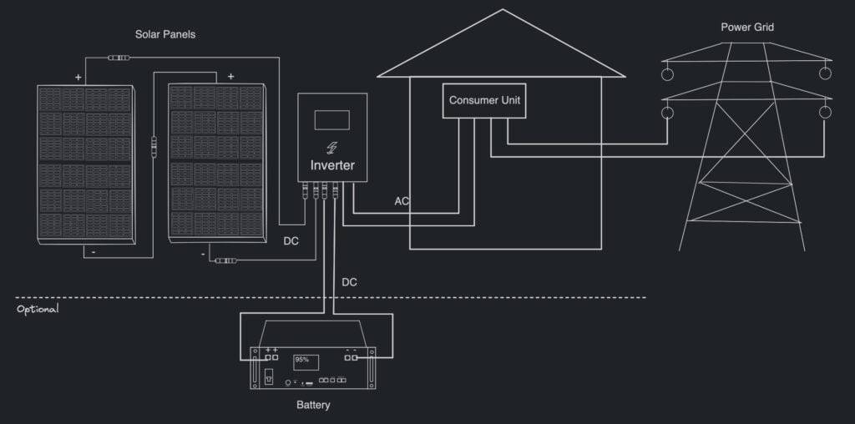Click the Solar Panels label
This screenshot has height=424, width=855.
point(165,34)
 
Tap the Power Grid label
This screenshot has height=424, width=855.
point(747,28)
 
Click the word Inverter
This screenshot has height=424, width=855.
point(332,165)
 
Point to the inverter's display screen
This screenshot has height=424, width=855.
point(331,119)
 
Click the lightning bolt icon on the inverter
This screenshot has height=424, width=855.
point(332,148)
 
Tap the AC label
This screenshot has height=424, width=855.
point(402,202)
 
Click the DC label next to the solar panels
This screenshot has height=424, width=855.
point(291,241)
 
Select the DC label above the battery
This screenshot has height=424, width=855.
point(350,282)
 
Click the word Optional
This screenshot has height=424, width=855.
point(38,309)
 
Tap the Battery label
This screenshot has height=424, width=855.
point(313,406)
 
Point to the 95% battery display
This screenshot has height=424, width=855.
point(303,361)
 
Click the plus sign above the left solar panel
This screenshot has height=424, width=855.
point(78,77)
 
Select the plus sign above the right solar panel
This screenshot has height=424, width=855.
point(230,77)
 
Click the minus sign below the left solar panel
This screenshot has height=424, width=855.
point(94,251)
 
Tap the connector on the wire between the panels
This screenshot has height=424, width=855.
point(153,147)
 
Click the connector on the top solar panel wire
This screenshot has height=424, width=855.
point(119,58)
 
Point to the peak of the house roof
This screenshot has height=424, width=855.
point(502,10)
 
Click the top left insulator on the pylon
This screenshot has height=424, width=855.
point(668,73)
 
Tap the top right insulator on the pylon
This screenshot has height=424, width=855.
point(825,73)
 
